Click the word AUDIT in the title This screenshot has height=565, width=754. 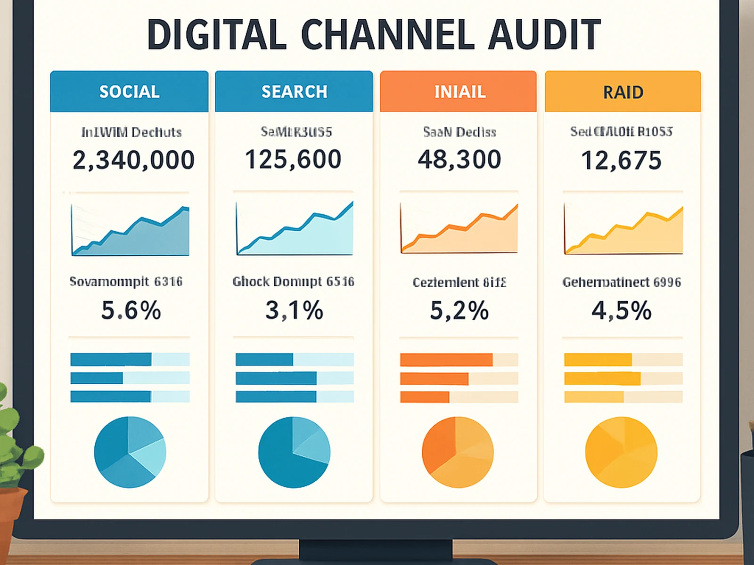pyautogui.click(x=544, y=35)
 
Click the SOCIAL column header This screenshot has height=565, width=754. pyautogui.click(x=129, y=91)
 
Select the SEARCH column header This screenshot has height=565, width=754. pyautogui.click(x=294, y=91)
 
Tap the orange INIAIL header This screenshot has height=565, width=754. pyautogui.click(x=459, y=91)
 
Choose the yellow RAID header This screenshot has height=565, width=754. pyautogui.click(x=623, y=92)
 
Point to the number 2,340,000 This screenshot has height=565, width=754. pyautogui.click(x=133, y=160)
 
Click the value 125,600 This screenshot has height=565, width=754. pyautogui.click(x=293, y=159)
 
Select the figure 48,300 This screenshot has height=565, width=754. pyautogui.click(x=459, y=159)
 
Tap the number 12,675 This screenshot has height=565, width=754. pyautogui.click(x=621, y=161)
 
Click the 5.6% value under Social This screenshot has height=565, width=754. pyautogui.click(x=131, y=311)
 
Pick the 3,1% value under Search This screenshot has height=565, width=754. pyautogui.click(x=294, y=311)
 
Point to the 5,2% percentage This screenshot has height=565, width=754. pyautogui.click(x=459, y=311)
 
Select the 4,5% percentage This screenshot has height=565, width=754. pyautogui.click(x=621, y=311)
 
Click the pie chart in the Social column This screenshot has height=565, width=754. pyautogui.click(x=130, y=452)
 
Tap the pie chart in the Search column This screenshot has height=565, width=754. pyautogui.click(x=294, y=452)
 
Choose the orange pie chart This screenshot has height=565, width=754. pyautogui.click(x=458, y=452)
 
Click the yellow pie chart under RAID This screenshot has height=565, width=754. pyautogui.click(x=621, y=452)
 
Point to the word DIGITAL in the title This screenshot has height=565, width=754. pyautogui.click(x=217, y=35)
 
